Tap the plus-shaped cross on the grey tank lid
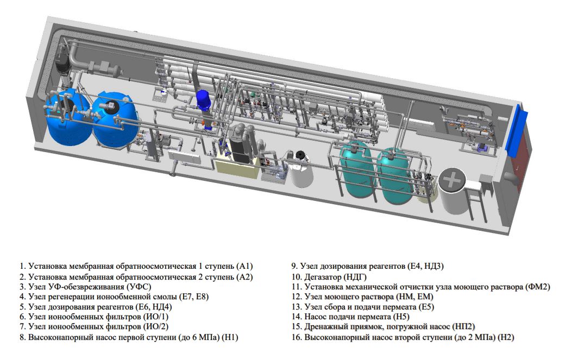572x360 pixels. click(x=452, y=179)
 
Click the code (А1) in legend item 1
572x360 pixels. click(x=244, y=267)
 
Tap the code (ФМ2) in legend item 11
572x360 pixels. click(x=538, y=287)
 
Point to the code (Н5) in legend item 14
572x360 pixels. click(x=401, y=317)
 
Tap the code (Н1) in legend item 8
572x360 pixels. click(x=230, y=337)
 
